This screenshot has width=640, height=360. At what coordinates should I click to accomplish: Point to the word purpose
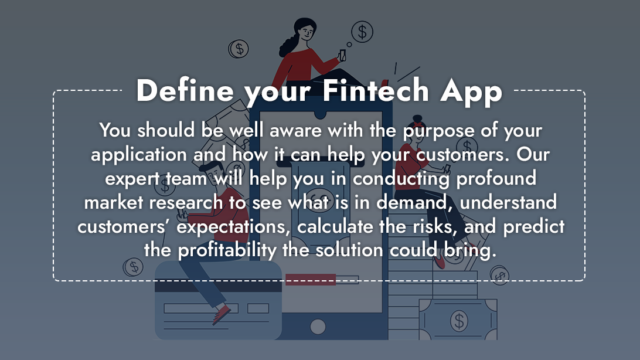pos(438,131)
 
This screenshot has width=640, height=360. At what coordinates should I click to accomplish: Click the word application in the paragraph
pos(139,155)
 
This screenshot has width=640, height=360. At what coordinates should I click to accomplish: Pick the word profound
pos(496,178)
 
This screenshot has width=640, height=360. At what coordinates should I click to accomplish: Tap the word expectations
pos(233,226)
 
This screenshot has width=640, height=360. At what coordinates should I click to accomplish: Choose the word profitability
pos(227,250)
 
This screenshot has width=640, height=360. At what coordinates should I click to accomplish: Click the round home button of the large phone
pos(318,327)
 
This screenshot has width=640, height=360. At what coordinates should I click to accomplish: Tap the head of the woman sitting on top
pos(305,31)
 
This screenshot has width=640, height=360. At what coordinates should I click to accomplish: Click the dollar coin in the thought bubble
pos(362,32)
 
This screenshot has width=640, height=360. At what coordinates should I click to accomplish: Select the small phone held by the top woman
pos(342,56)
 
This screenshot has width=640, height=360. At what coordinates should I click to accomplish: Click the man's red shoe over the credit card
pos(222,314)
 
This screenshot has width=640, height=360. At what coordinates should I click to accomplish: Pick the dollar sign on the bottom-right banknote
pos(459,320)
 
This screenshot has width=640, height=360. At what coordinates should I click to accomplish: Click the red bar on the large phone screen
pos(311,280)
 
